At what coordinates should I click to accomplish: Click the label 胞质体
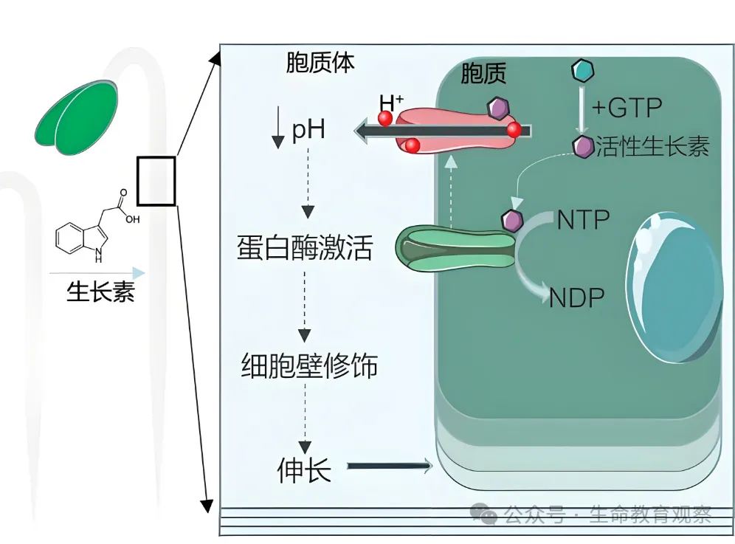pos(320,63)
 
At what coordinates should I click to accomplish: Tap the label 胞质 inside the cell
pos(483,73)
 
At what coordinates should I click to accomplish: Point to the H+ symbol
pos(390,103)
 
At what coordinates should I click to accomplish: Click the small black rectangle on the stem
pos(156,181)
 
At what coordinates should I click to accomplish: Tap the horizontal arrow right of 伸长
pos(389,466)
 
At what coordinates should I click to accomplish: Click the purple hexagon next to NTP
pos(511,220)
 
